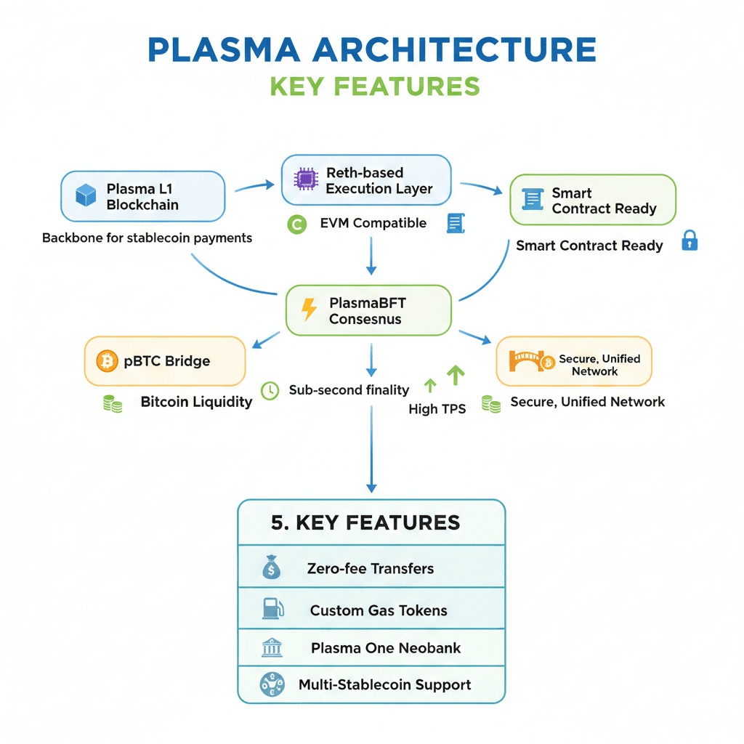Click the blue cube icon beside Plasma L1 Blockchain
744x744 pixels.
click(x=86, y=195)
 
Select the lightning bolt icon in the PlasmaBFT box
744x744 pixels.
click(x=309, y=309)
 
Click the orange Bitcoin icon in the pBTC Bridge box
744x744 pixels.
click(x=107, y=360)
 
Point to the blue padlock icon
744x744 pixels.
click(x=689, y=240)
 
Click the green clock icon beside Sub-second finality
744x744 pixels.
click(x=270, y=390)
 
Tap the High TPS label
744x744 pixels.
click(x=437, y=409)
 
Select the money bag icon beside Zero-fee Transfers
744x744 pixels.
click(x=271, y=567)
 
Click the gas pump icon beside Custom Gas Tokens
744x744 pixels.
click(x=272, y=609)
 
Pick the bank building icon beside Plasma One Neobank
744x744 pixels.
click(x=272, y=647)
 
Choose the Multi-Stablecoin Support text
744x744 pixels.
click(x=384, y=684)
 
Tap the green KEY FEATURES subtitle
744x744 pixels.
click(x=374, y=86)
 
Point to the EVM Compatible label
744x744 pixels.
click(x=373, y=223)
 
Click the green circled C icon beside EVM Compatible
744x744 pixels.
click(x=297, y=225)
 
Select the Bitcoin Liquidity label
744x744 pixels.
click(x=196, y=402)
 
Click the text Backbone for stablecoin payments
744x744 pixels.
click(x=147, y=238)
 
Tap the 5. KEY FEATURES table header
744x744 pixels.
click(x=365, y=522)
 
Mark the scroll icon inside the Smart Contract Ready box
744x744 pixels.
click(x=533, y=200)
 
